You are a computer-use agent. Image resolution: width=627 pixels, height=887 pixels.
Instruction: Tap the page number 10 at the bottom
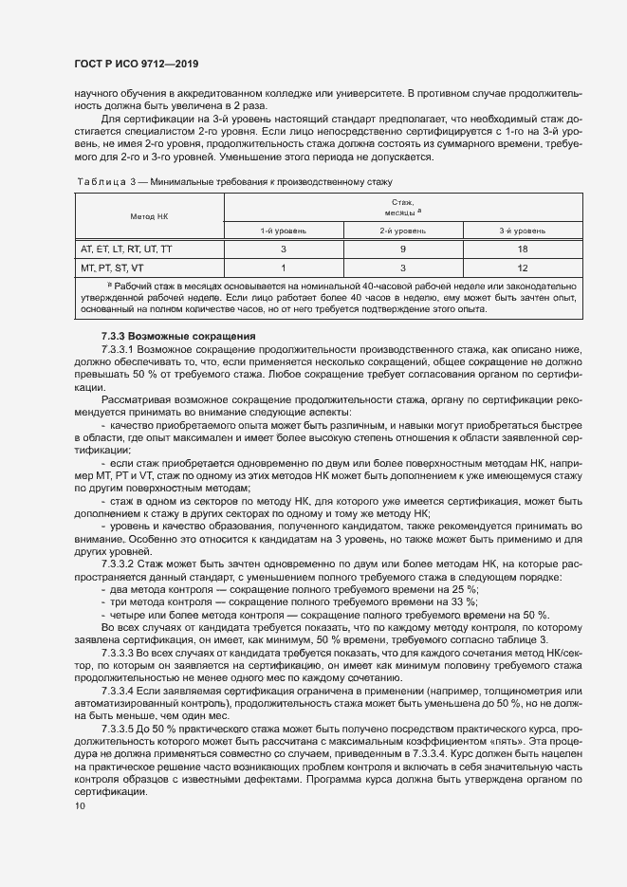[x=80, y=806]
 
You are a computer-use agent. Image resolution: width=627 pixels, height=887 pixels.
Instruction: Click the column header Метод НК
[x=149, y=216]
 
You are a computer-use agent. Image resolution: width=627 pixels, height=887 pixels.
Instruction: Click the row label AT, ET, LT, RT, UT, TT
[x=126, y=249]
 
